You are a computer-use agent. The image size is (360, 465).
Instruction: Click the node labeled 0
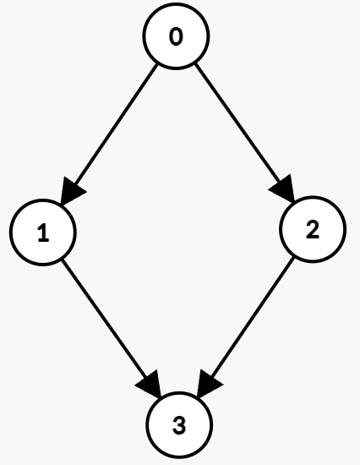pos(177,36)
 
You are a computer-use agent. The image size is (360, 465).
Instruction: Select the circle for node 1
pos(43,232)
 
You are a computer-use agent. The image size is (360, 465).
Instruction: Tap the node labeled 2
pos(313,229)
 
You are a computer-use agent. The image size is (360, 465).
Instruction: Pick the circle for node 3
pos(179,425)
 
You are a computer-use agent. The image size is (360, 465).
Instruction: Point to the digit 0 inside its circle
pos(176,36)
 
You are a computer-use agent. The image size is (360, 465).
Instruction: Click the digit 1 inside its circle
pos(43,232)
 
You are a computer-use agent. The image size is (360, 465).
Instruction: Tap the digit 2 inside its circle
pos(313,229)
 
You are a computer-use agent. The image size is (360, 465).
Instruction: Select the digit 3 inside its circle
pos(179,425)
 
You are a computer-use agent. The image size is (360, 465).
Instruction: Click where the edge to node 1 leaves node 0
pos(157,64)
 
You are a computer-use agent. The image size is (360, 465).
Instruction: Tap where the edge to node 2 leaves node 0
pos(195,64)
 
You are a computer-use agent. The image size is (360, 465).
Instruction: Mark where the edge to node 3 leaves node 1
pos(63,260)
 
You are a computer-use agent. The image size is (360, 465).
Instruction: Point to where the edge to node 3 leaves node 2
pos(293,257)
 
